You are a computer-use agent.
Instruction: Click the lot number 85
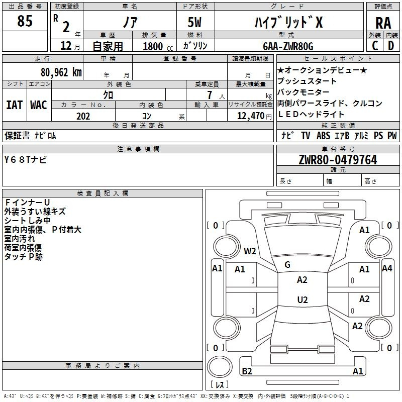[25, 21]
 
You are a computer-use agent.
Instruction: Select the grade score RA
[383, 23]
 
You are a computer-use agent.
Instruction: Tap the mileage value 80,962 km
[61, 72]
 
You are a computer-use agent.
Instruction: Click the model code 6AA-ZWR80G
[288, 46]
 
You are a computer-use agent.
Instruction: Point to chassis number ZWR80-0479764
[338, 160]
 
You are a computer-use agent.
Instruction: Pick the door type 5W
[194, 22]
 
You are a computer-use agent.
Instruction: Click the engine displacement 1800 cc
[158, 46]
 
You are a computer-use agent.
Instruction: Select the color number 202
[83, 116]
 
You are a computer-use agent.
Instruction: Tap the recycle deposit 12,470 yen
[254, 116]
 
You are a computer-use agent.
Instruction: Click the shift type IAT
[15, 105]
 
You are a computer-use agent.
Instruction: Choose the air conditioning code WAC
[39, 105]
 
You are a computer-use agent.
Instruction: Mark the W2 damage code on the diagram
[250, 251]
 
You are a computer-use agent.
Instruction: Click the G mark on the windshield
[287, 265]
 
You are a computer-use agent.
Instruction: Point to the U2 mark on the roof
[303, 299]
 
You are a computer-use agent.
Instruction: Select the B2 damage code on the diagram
[247, 371]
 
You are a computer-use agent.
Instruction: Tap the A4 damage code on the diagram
[387, 268]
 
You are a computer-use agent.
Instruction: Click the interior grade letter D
[391, 46]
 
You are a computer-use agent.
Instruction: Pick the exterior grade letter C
[375, 46]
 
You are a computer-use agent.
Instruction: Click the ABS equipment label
[323, 135]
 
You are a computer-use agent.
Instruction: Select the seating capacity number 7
[210, 95]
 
